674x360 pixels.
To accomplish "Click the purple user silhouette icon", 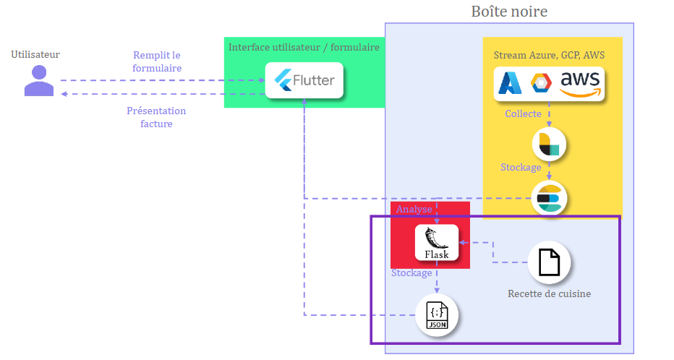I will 39,80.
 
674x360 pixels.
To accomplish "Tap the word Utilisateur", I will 35,54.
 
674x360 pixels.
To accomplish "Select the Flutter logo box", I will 304,80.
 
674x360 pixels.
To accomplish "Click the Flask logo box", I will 437,243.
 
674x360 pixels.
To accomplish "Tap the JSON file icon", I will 437,316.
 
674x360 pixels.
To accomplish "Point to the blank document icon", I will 549,262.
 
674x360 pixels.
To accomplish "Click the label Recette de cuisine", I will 550,293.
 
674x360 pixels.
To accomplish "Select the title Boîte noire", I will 509,12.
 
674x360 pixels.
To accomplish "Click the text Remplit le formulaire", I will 157,61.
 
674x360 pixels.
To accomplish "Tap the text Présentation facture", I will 156,117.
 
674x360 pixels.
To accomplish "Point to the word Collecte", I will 523,114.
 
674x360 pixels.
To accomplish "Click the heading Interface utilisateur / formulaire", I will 304,47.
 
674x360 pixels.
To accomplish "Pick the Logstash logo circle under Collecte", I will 549,144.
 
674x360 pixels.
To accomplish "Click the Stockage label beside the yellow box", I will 521,167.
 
